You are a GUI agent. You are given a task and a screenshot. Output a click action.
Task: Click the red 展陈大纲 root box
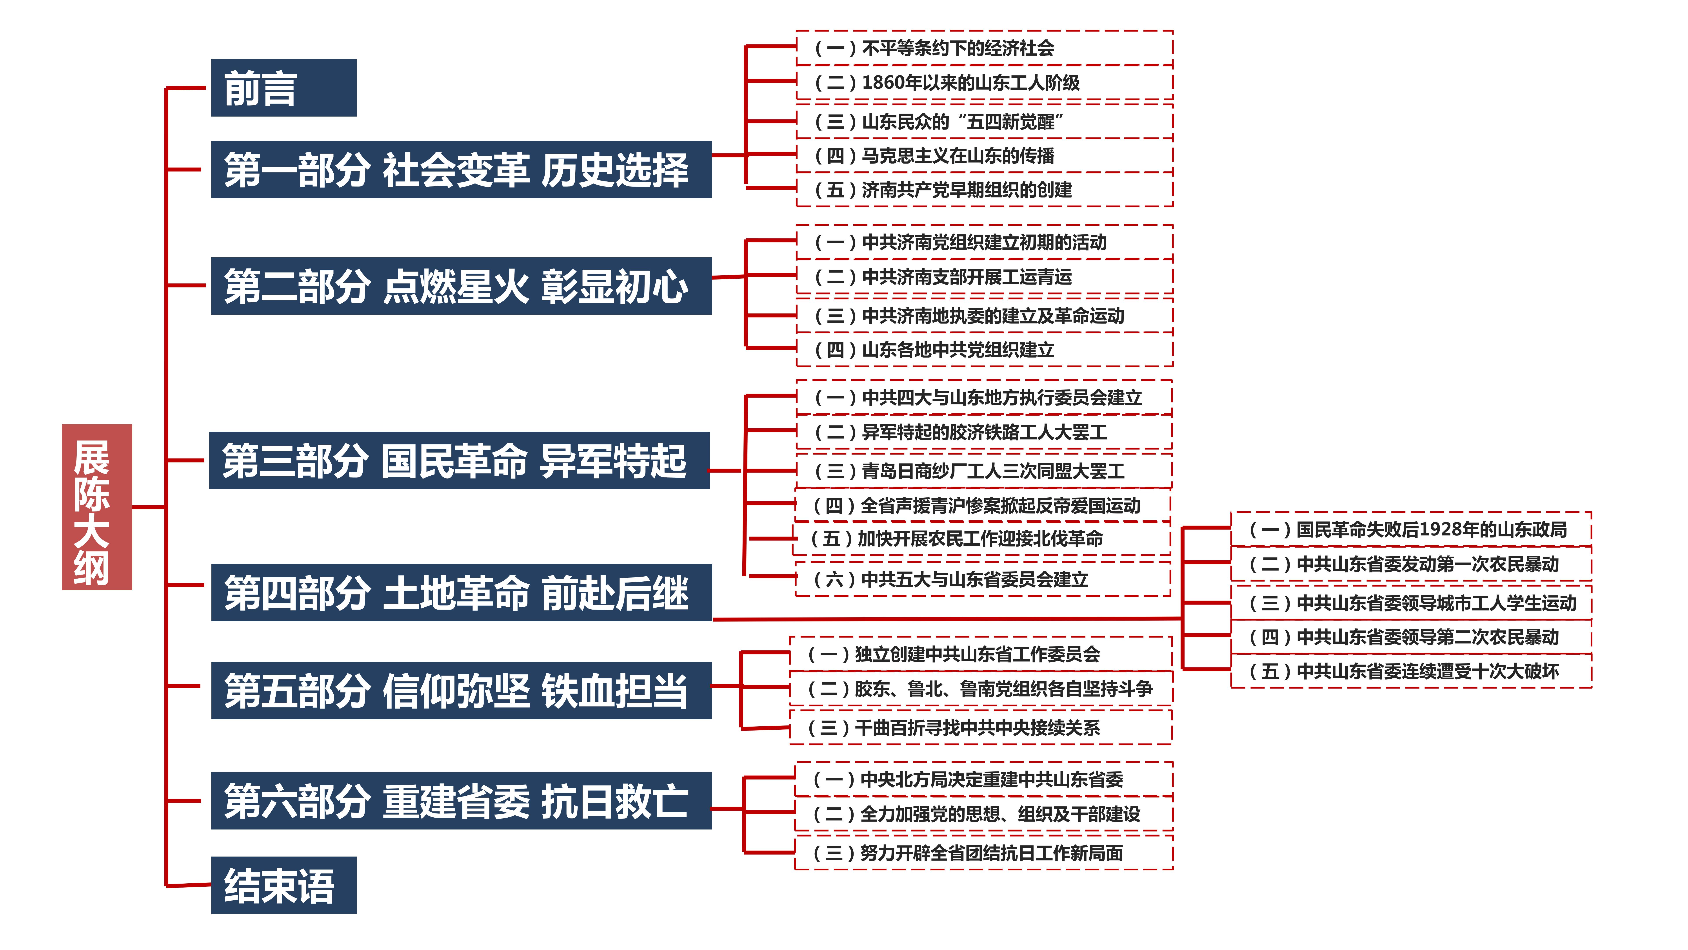tap(97, 507)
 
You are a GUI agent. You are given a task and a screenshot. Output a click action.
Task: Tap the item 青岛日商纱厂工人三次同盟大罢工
tap(983, 471)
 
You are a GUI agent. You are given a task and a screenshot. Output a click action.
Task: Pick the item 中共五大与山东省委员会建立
tap(982, 579)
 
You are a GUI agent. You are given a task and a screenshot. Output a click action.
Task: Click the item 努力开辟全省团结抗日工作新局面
tap(983, 853)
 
